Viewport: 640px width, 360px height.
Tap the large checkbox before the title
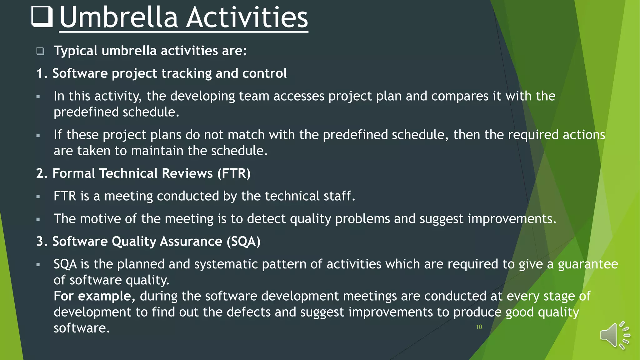(x=42, y=16)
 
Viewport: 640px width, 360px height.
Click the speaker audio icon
(x=614, y=335)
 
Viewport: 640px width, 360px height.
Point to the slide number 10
(x=479, y=327)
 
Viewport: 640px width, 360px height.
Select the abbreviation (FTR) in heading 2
(x=234, y=173)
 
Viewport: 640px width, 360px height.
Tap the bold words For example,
(x=94, y=296)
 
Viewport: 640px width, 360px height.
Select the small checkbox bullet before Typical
(x=40, y=51)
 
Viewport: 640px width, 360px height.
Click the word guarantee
(x=587, y=264)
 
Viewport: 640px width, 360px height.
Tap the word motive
(x=100, y=219)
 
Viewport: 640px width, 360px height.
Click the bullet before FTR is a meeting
(x=38, y=197)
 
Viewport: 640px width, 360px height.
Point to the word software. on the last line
(x=82, y=328)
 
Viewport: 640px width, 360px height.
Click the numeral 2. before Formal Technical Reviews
(x=42, y=173)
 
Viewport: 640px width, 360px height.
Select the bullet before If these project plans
(x=38, y=136)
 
